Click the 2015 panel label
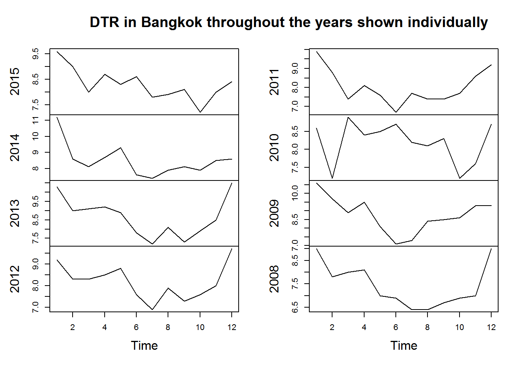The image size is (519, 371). pyautogui.click(x=15, y=81)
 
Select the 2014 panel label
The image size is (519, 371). pyautogui.click(x=15, y=147)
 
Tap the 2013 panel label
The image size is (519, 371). pyautogui.click(x=15, y=213)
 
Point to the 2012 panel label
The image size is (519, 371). pyautogui.click(x=15, y=279)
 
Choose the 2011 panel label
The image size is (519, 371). pyautogui.click(x=274, y=82)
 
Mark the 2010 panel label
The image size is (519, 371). pyautogui.click(x=274, y=147)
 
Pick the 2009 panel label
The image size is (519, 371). pyautogui.click(x=274, y=213)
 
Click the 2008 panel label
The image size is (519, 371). pyautogui.click(x=274, y=279)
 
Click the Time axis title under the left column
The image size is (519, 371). pyautogui.click(x=144, y=345)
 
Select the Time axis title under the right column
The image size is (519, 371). pyautogui.click(x=404, y=345)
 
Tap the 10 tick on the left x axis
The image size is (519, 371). pyautogui.click(x=200, y=327)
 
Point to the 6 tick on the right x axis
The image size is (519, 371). pyautogui.click(x=396, y=327)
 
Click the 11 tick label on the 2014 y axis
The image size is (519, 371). pyautogui.click(x=36, y=121)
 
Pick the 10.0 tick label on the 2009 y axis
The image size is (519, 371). pyautogui.click(x=295, y=192)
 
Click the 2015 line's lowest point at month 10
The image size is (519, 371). pyautogui.click(x=200, y=112)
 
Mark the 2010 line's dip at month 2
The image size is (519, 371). pyautogui.click(x=332, y=178)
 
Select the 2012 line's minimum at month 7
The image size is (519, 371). pyautogui.click(x=153, y=310)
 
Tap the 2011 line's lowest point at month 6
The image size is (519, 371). pyautogui.click(x=396, y=112)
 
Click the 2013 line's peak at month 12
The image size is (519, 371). pyautogui.click(x=232, y=183)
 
